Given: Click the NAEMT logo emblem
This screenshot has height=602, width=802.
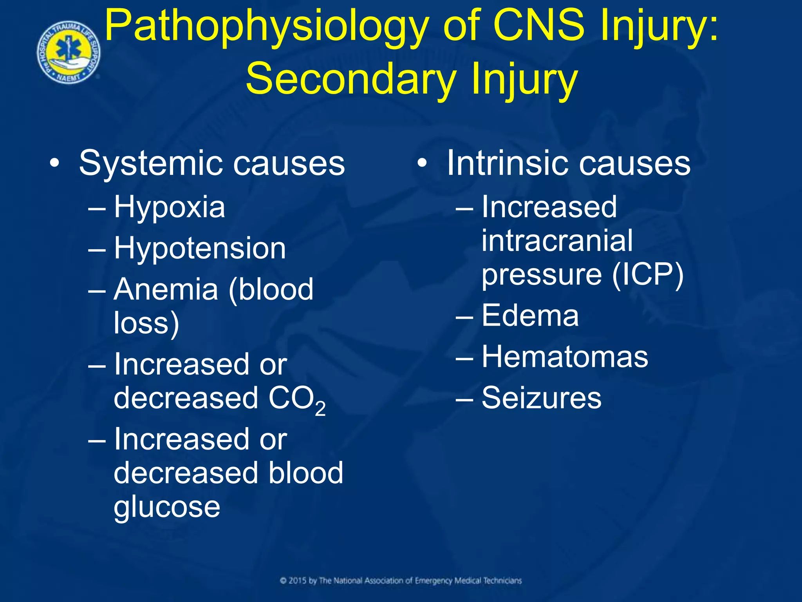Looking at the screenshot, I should pyautogui.click(x=69, y=53).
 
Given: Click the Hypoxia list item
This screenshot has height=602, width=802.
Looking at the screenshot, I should pyautogui.click(x=169, y=208).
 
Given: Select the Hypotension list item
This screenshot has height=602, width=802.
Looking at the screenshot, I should pyautogui.click(x=200, y=248).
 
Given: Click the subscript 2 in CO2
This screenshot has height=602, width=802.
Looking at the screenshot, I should pyautogui.click(x=320, y=409).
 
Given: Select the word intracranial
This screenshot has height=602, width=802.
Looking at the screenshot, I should pyautogui.click(x=556, y=241).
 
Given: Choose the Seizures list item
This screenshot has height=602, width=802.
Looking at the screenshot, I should pyautogui.click(x=541, y=398).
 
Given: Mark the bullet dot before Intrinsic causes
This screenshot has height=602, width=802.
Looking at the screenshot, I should pyautogui.click(x=422, y=164).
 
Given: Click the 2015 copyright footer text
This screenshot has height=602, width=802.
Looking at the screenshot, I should pyautogui.click(x=401, y=581).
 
